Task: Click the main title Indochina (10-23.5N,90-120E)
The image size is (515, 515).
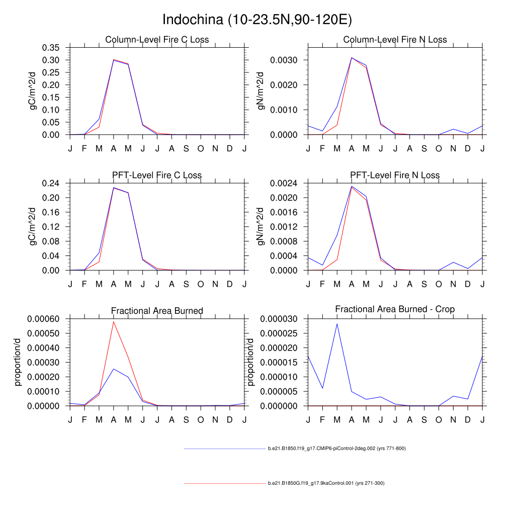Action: [257, 20]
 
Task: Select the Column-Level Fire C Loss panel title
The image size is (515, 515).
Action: [157, 40]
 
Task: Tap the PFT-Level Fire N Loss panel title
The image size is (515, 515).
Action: [395, 175]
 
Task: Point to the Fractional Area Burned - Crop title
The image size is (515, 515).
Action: [395, 309]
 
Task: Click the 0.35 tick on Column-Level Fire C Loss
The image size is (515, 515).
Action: [50, 47]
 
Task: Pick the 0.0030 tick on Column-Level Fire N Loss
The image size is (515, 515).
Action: [286, 60]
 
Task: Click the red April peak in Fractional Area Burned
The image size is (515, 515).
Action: [114, 321]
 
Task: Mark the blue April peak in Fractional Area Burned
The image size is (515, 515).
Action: [114, 369]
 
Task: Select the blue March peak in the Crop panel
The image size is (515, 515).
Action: [337, 323]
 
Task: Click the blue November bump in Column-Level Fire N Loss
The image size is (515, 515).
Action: [453, 129]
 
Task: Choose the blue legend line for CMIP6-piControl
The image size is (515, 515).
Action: [224, 448]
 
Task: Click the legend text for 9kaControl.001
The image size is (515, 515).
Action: [326, 483]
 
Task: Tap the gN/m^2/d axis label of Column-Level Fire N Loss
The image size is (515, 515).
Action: [260, 91]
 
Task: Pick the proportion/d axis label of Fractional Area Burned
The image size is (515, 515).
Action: [18, 362]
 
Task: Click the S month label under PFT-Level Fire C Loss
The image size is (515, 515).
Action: [186, 284]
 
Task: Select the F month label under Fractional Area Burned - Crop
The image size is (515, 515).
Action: [322, 419]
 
